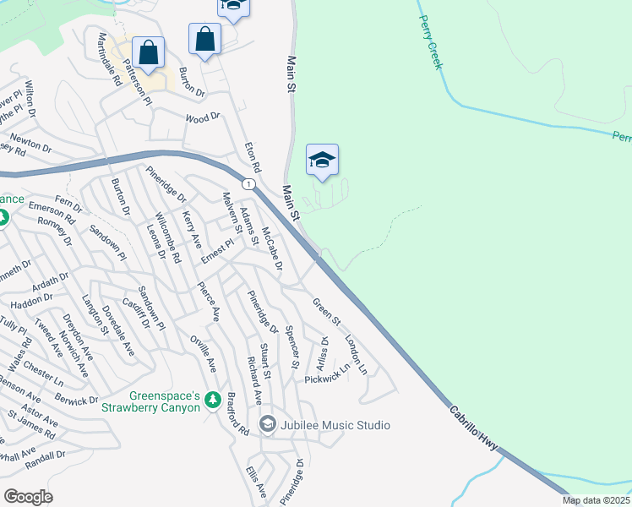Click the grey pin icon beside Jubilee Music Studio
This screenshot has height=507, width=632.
[268, 423]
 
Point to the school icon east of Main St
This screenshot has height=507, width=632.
[322, 159]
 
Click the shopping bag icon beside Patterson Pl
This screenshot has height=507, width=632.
[149, 52]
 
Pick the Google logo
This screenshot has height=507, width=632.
[28, 497]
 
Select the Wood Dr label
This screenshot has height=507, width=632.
[202, 117]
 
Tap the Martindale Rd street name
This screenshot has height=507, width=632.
[109, 59]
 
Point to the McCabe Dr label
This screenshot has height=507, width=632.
[270, 248]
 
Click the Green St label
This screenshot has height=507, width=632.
[326, 311]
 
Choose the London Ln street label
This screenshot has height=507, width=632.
[356, 354]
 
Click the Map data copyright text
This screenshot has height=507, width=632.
[597, 500]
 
